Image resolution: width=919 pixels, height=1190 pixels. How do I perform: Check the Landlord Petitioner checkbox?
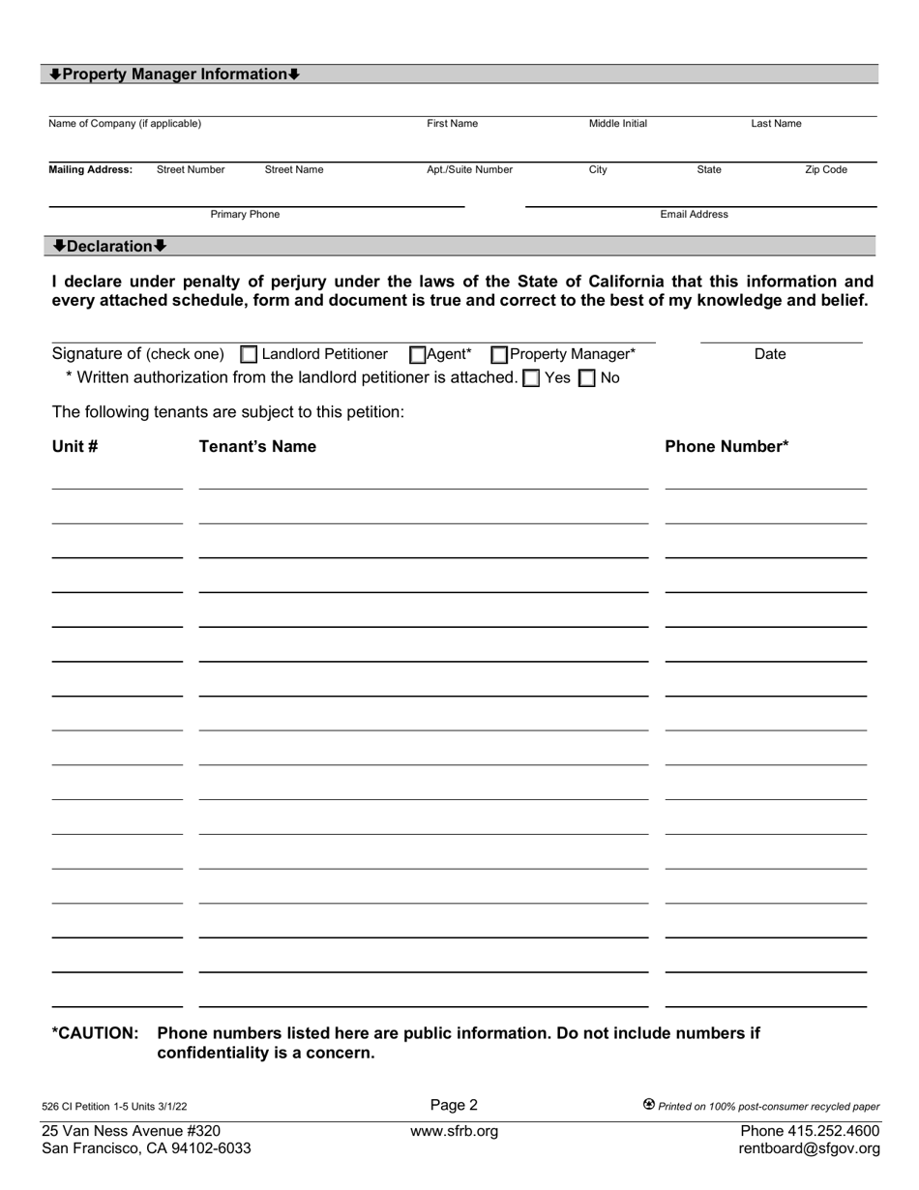tap(249, 355)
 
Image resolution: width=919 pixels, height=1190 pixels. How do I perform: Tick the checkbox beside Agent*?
tap(418, 355)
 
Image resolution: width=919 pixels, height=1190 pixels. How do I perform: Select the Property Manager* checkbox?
tap(499, 355)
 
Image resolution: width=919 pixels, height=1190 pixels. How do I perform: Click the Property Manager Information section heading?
tap(175, 74)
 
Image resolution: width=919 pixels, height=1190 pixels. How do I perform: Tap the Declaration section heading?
tap(109, 246)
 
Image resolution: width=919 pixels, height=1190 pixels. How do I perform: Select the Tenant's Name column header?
tap(257, 446)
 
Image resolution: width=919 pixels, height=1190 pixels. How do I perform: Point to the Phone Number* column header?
tap(726, 446)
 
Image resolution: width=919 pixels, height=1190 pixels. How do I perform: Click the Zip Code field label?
tap(826, 169)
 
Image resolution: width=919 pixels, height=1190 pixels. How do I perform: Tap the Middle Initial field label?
tap(618, 124)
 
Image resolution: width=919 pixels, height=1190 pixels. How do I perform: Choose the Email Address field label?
tap(694, 215)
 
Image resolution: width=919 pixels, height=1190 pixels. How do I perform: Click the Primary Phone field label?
tap(245, 215)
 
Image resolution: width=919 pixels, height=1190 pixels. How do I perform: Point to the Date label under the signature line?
tap(770, 355)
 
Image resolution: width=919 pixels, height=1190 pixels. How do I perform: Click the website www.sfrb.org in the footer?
tap(454, 1131)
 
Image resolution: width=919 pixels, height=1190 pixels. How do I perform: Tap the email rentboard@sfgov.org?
tap(809, 1149)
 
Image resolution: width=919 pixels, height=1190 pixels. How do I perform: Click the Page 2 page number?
tap(454, 1105)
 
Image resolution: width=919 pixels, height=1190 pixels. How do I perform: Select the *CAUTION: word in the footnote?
tap(95, 1033)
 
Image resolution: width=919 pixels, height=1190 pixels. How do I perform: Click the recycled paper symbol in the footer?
tap(649, 1104)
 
